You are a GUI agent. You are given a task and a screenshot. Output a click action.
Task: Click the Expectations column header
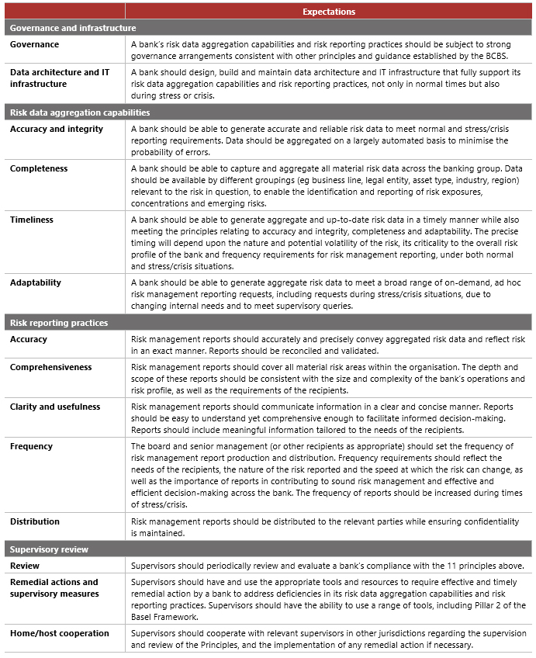329,12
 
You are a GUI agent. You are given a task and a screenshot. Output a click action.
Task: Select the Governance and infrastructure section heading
73,28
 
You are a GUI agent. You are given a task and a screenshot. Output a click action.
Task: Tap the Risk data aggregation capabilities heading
79,113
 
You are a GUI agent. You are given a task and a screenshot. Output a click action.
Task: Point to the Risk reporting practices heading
59,323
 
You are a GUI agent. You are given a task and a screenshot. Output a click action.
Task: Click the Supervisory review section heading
49,549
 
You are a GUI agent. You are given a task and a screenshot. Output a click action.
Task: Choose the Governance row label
34,45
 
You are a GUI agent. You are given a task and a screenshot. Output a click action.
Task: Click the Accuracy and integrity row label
57,129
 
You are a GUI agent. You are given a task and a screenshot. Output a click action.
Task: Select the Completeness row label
39,168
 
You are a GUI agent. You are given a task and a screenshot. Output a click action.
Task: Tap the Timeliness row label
32,220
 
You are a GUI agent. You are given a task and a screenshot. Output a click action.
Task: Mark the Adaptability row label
35,282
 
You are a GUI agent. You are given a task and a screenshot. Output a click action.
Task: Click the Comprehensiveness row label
51,367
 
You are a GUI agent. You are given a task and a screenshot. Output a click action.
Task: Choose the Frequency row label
32,446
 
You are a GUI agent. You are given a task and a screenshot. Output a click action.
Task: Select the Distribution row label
35,521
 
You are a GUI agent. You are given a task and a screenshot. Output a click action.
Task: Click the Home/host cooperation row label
60,633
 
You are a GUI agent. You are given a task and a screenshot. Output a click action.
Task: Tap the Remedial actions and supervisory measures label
54,588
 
